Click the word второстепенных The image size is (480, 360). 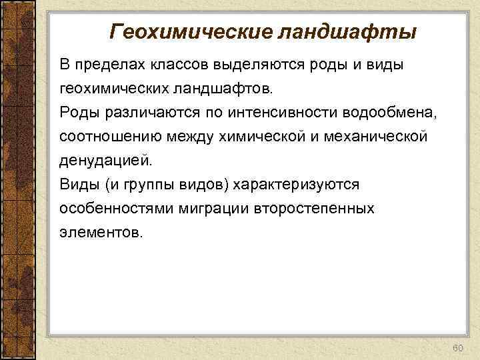click(x=314, y=208)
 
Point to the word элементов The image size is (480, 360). click(x=101, y=232)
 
